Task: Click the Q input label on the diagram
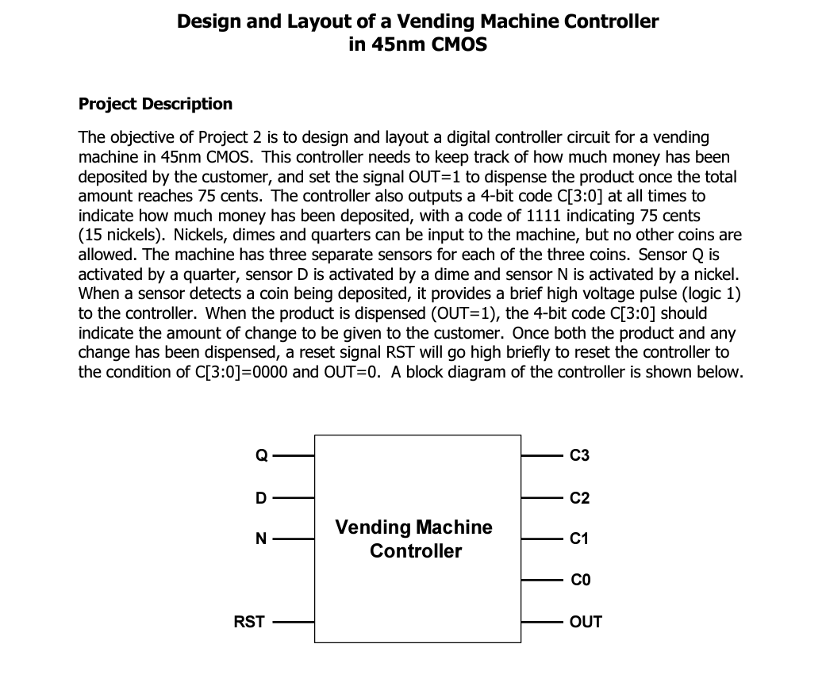(x=259, y=455)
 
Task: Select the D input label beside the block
(x=259, y=498)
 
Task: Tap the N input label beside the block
(x=259, y=539)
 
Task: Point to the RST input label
(x=248, y=622)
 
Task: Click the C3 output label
(x=579, y=455)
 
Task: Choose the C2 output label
(x=579, y=498)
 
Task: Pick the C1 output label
(x=579, y=539)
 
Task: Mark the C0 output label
(x=579, y=581)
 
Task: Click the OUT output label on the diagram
(x=586, y=622)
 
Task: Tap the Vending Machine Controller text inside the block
(x=414, y=539)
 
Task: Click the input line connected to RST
(x=294, y=622)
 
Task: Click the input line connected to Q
(x=294, y=455)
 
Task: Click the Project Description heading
(x=156, y=104)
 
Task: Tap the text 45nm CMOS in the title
(x=417, y=44)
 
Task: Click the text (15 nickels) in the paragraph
(x=121, y=235)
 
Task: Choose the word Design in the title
(x=208, y=21)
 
